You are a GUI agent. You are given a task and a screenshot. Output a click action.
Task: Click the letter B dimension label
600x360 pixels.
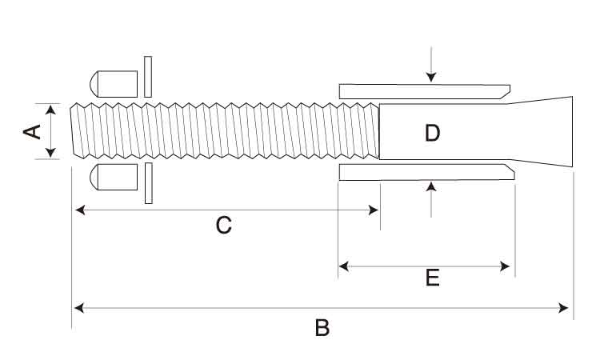(322, 328)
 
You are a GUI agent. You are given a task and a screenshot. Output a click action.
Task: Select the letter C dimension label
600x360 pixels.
(224, 226)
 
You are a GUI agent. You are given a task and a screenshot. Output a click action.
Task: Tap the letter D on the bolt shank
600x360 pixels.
(432, 133)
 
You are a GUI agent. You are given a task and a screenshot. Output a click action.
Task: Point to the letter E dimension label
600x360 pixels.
(432, 278)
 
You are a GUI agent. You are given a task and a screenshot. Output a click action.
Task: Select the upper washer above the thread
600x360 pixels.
(148, 77)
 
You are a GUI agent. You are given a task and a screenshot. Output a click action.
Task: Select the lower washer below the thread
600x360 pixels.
(148, 183)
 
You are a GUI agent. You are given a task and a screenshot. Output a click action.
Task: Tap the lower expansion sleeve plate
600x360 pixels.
(424, 172)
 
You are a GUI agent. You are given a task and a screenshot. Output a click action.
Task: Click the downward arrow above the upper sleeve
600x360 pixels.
(431, 77)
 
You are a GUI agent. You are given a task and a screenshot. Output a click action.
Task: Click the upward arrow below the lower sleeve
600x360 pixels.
(431, 187)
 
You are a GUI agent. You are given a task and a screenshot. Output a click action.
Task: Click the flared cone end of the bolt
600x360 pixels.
(544, 132)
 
